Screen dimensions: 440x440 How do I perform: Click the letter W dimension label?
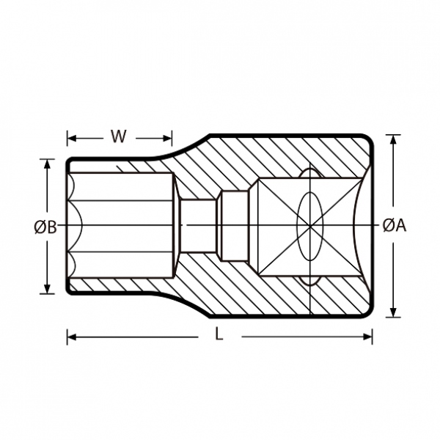118,136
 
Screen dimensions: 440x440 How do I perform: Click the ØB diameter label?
45,227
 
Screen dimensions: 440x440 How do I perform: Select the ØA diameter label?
395,225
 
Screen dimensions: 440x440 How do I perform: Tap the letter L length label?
219,334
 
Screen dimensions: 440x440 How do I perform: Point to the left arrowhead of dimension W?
72,138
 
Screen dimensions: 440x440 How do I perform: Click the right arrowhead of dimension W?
167,138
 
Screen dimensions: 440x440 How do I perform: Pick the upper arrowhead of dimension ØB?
47,164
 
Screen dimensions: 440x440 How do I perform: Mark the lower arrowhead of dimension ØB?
47,288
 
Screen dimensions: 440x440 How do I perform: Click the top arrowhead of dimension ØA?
393,140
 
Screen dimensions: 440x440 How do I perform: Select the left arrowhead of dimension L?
73,337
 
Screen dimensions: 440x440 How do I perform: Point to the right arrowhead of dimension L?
367,337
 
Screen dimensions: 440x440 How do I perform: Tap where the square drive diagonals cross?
309,225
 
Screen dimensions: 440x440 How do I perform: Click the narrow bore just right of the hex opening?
199,226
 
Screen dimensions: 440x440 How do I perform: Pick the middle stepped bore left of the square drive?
235,226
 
